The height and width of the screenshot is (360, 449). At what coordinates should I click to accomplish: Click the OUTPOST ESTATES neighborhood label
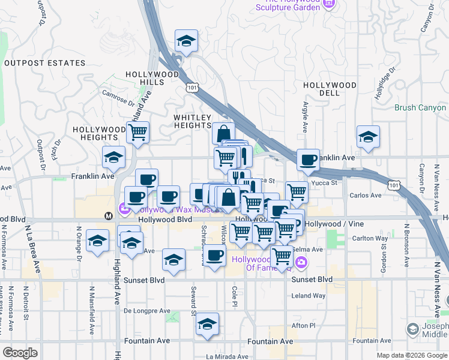(x=44, y=63)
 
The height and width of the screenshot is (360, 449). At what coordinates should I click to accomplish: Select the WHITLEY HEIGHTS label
(x=193, y=121)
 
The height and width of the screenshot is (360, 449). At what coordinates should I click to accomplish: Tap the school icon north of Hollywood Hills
(x=186, y=41)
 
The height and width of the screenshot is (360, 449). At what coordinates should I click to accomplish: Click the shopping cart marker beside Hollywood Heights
(x=138, y=132)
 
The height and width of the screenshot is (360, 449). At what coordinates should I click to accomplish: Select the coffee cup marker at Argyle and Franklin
(x=308, y=160)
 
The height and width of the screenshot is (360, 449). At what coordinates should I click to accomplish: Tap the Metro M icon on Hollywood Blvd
(x=109, y=215)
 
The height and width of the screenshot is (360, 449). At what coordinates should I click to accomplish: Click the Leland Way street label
(x=308, y=296)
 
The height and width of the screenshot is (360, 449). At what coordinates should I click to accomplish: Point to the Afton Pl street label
(x=303, y=326)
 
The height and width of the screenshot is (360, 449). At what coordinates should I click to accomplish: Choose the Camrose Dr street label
(x=118, y=96)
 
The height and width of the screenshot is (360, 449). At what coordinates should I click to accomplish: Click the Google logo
(x=20, y=353)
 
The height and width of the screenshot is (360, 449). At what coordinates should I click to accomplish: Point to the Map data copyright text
(x=411, y=355)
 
